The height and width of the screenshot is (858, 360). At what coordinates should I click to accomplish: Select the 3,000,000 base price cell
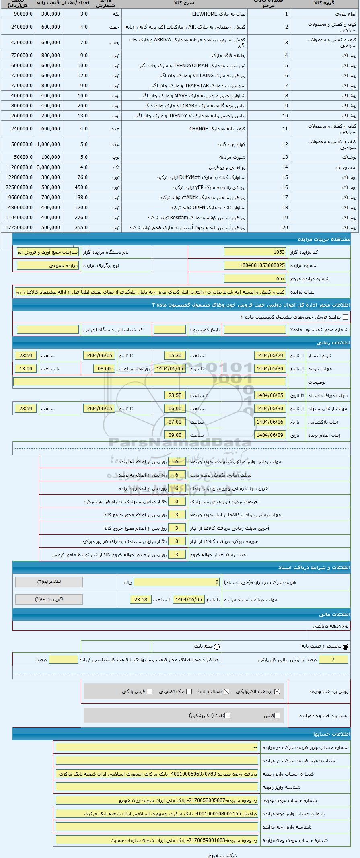point(49,167)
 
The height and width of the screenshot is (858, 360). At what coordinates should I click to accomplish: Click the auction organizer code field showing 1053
point(255,252)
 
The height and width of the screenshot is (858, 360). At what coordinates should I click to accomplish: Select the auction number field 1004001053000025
point(255,265)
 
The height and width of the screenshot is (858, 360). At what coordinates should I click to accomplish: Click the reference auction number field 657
point(255,279)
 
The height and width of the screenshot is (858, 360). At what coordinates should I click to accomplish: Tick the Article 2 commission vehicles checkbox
point(346,317)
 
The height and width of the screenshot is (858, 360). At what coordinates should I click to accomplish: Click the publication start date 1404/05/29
point(270,356)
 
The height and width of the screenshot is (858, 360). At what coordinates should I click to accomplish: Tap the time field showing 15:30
point(175,356)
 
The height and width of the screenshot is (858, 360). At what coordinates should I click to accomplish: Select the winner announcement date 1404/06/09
point(270,435)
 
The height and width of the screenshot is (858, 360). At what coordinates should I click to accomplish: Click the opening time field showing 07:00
point(175,422)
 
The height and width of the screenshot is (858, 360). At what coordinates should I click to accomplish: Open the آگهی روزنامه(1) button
point(49,599)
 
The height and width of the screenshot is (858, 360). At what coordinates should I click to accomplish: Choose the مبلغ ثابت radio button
point(217,647)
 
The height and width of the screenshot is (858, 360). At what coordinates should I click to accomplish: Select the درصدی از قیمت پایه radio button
point(346,647)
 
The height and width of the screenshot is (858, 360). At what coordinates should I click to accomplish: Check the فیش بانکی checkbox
point(150,691)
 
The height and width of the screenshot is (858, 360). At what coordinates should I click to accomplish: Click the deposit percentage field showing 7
point(333,659)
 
